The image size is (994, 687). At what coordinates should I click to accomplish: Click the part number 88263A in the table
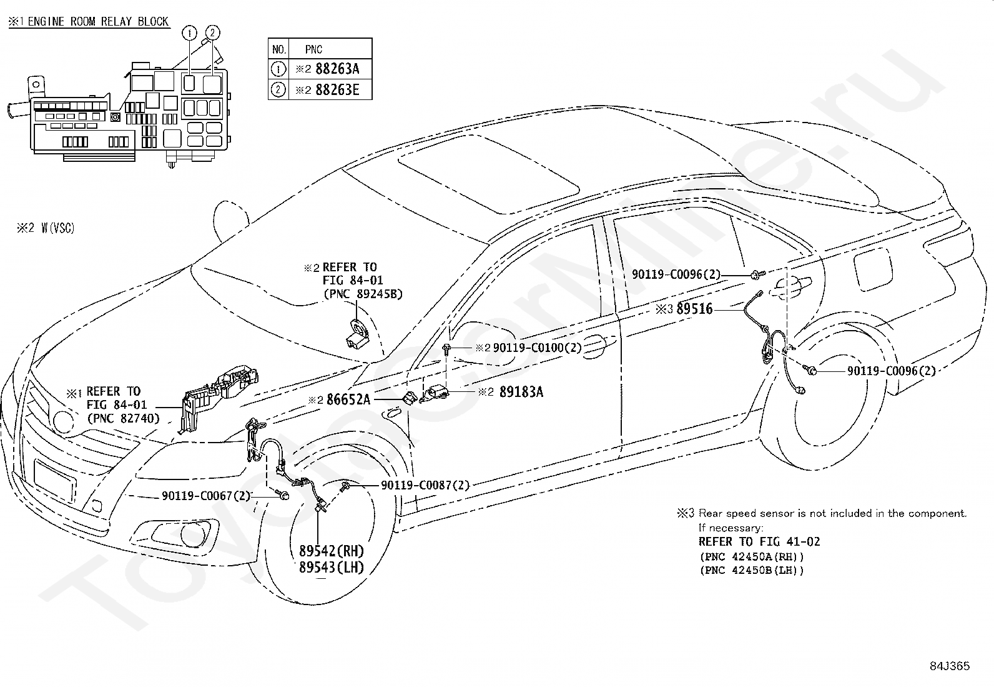point(337,69)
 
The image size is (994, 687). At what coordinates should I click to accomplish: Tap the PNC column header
point(313,49)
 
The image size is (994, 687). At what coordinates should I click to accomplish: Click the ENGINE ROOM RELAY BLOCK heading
point(98,22)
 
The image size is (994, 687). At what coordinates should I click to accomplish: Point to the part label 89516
point(694,308)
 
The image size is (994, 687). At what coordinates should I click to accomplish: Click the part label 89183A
point(521,391)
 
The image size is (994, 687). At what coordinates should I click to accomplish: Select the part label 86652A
point(348,399)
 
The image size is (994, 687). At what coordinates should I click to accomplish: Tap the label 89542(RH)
point(332,551)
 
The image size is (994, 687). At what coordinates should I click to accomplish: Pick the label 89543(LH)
point(332,567)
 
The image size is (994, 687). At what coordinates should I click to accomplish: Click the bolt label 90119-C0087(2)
point(425,485)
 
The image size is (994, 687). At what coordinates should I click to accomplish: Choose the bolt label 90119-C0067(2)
point(206,496)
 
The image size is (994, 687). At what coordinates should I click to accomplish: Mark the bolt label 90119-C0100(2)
point(538,347)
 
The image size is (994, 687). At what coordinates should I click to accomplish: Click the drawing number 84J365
point(950,666)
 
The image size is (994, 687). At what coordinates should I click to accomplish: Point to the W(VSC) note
point(58,228)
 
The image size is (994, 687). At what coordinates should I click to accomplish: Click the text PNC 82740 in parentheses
point(124,418)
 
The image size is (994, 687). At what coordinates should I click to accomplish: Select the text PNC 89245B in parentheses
point(363,294)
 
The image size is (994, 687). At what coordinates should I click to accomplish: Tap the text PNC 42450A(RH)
point(752,556)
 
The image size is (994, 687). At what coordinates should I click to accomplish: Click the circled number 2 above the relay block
point(212,33)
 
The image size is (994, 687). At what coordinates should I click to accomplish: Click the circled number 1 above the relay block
point(189,33)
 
